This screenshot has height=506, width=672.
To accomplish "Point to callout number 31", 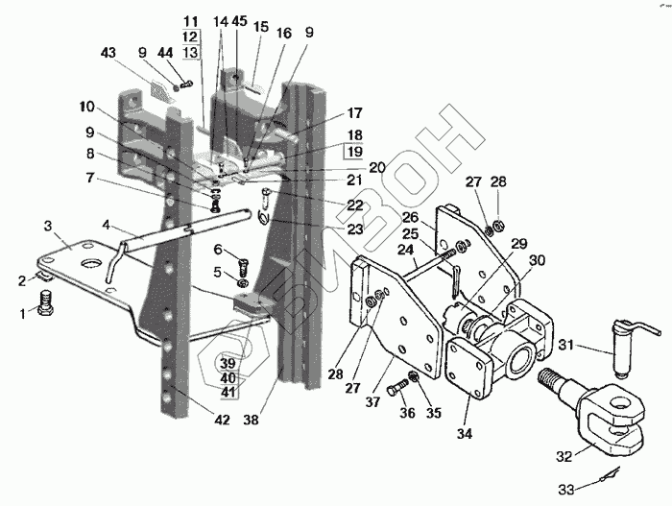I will [566, 346].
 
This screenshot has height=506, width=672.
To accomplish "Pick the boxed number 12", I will [189, 36].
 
